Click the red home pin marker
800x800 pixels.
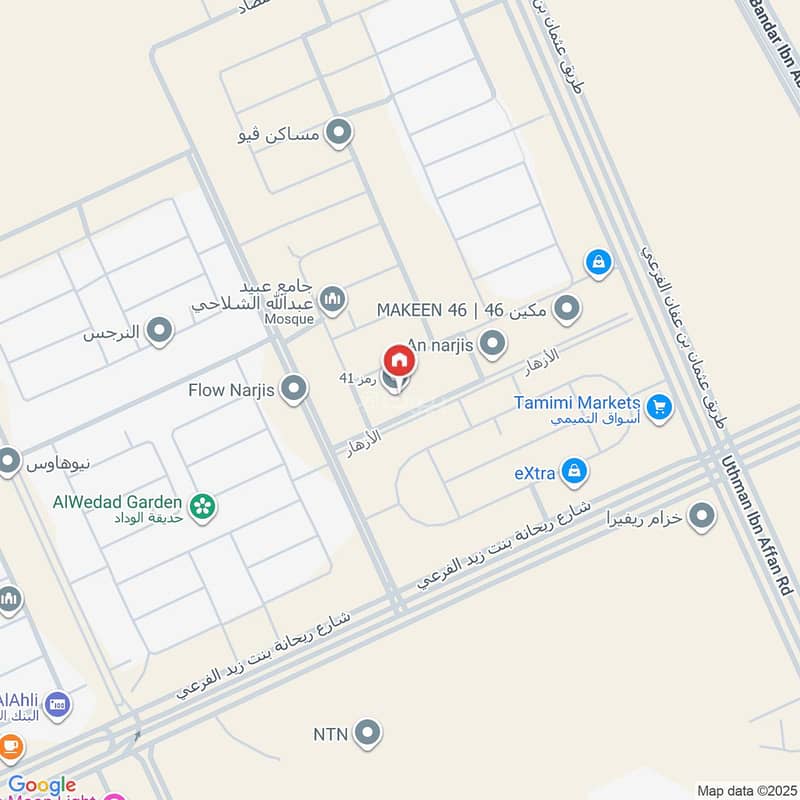[x=398, y=361]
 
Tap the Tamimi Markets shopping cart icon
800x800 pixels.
[x=658, y=407]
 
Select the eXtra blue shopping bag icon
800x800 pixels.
[x=574, y=470]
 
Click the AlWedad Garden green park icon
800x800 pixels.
[x=203, y=507]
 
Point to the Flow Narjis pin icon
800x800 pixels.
[x=293, y=389]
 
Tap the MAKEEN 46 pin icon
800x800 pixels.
[x=567, y=309]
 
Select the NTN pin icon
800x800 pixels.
[x=368, y=733]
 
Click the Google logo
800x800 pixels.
[x=42, y=786]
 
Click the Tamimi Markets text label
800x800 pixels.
[x=577, y=402]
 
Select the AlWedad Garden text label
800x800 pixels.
[x=118, y=502]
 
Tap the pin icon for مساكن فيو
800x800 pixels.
[x=340, y=132]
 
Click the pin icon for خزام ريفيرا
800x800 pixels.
[x=703, y=516]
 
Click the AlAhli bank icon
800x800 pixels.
[x=58, y=704]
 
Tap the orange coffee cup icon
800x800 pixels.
[x=10, y=747]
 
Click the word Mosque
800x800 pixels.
[x=290, y=319]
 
